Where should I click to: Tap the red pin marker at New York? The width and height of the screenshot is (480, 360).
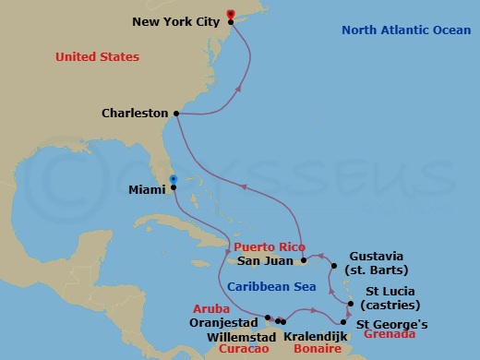pyautogui.click(x=231, y=15)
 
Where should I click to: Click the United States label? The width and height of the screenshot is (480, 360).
pyautogui.click(x=97, y=57)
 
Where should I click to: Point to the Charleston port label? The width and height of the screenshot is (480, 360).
pyautogui.click(x=134, y=114)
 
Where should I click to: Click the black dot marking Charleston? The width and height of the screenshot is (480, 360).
pyautogui.click(x=175, y=114)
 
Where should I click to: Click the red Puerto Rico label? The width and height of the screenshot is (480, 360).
pyautogui.click(x=268, y=247)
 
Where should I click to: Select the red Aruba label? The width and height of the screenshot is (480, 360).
pyautogui.click(x=210, y=308)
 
